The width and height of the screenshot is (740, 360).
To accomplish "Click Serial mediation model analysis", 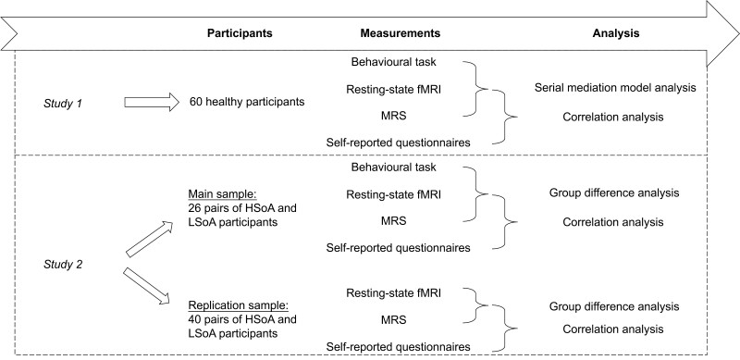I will click(x=613, y=88).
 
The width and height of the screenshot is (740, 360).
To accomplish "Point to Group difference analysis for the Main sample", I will click(x=613, y=193).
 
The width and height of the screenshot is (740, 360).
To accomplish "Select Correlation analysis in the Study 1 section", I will click(x=613, y=118).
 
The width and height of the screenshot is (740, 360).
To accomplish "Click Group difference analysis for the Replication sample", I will click(x=613, y=305).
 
